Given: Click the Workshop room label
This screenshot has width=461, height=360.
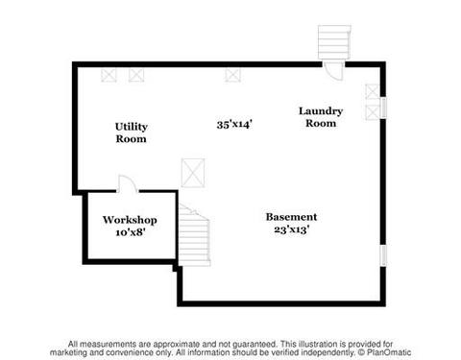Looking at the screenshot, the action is click(130, 220).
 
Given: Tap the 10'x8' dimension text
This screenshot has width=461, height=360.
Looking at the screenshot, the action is click(131, 232).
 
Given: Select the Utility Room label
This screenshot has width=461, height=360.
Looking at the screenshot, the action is click(132, 132).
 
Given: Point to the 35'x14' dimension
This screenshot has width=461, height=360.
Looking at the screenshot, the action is click(234, 124).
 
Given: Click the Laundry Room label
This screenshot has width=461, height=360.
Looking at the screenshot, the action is click(321, 117).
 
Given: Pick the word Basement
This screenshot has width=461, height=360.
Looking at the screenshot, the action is click(291, 217).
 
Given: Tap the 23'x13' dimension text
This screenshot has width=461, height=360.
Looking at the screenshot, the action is click(291, 229).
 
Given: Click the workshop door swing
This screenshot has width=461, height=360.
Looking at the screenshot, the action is click(128, 183).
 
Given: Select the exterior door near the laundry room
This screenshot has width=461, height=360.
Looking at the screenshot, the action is click(333, 71).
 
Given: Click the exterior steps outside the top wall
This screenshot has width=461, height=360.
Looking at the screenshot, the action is click(334, 42).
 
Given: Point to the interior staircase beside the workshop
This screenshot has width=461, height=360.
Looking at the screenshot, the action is click(194, 235).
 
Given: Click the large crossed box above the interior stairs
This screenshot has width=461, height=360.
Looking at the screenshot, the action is click(193, 173).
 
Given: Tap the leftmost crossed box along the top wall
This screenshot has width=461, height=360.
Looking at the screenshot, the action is click(109, 76).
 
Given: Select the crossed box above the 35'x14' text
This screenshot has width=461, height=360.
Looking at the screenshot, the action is click(232, 76).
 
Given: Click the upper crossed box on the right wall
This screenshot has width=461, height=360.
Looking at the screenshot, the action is click(373, 91).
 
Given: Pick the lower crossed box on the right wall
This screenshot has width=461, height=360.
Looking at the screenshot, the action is click(373, 112).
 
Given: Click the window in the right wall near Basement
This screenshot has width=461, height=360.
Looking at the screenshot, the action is click(383, 255).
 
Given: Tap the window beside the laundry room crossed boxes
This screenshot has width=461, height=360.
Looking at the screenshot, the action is click(383, 108).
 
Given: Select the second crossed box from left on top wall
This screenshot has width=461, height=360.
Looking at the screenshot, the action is click(136, 76).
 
